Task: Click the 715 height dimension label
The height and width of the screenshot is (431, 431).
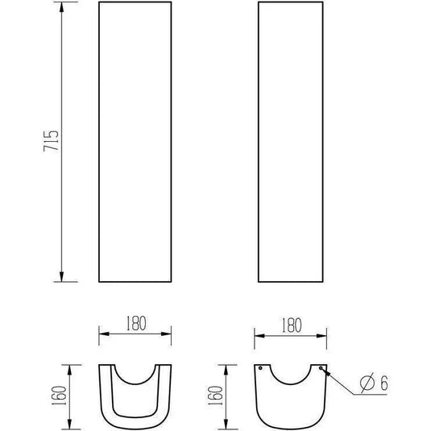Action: (x=51, y=141)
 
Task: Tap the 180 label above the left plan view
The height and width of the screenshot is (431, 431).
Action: (x=136, y=323)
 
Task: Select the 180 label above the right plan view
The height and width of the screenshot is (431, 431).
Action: (x=292, y=325)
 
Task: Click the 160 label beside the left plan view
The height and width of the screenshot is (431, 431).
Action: (x=59, y=396)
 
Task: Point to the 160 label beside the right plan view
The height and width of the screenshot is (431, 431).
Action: (x=216, y=396)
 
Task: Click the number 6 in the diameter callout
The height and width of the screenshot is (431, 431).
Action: (x=384, y=383)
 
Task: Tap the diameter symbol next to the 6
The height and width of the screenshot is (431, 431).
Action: (x=367, y=383)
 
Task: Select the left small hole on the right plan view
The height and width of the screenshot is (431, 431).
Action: (x=260, y=368)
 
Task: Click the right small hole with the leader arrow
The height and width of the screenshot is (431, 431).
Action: (x=321, y=368)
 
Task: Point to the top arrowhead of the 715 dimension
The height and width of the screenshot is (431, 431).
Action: (x=61, y=7)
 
